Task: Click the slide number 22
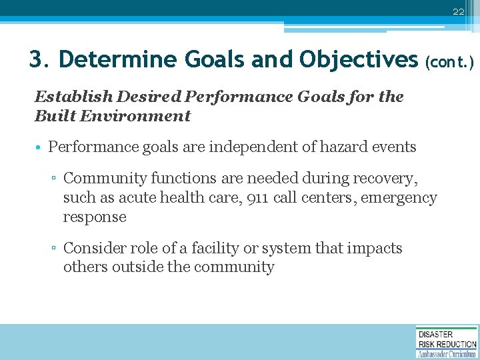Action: click(x=458, y=12)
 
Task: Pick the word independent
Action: click(x=241, y=147)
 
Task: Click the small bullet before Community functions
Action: click(x=55, y=179)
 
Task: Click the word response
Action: click(x=95, y=217)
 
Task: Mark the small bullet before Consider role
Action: click(x=55, y=249)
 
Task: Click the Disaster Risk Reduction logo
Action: click(x=447, y=342)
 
